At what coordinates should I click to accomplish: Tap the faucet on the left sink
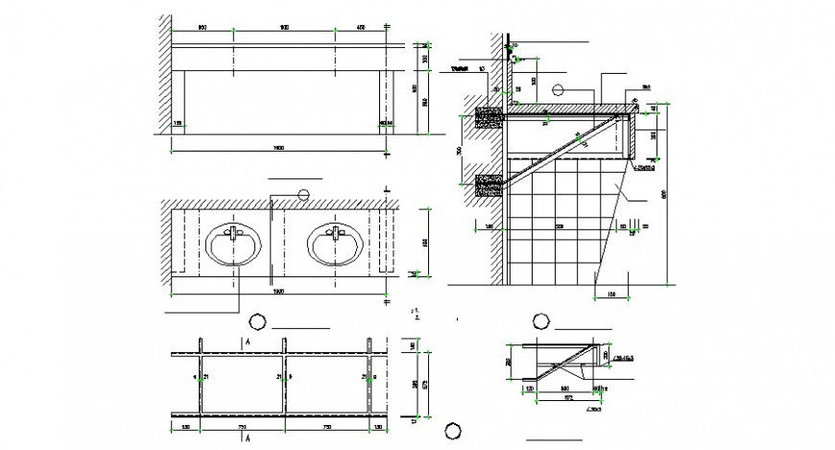point(231,231)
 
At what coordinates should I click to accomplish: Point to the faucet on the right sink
point(336,231)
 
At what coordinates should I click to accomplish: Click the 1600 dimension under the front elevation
point(277,148)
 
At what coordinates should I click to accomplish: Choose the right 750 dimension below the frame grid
point(325,425)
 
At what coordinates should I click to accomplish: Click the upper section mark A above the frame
point(248,342)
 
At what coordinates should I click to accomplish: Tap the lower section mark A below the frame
point(248,438)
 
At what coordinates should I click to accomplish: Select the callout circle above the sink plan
point(304,194)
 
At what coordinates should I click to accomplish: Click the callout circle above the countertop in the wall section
point(559,90)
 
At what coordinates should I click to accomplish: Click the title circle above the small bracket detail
point(539,320)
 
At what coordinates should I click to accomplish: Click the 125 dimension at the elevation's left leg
point(178,124)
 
